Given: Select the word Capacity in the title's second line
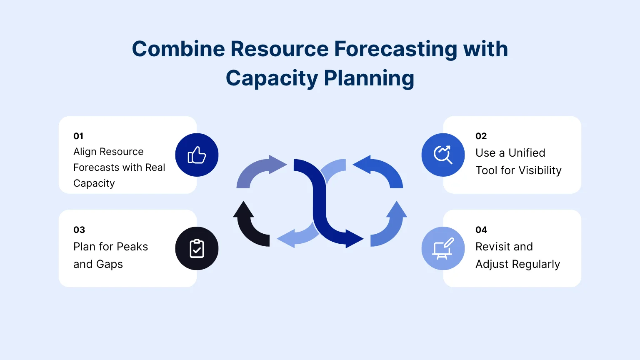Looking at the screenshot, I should [272, 78].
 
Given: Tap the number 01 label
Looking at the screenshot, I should [78, 136].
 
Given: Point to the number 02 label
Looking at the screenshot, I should [481, 136].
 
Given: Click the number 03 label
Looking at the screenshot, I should [79, 230].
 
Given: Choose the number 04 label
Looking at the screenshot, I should [481, 230].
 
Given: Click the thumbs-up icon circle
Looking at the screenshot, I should [197, 155].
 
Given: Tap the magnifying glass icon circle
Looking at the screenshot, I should [443, 155].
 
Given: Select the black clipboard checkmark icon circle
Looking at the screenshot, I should [197, 248].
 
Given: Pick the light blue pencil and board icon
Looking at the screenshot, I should [443, 248].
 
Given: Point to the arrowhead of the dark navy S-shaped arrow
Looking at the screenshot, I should [354, 239].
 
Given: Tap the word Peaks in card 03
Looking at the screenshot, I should [132, 247].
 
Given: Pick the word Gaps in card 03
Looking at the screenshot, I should [110, 264].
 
